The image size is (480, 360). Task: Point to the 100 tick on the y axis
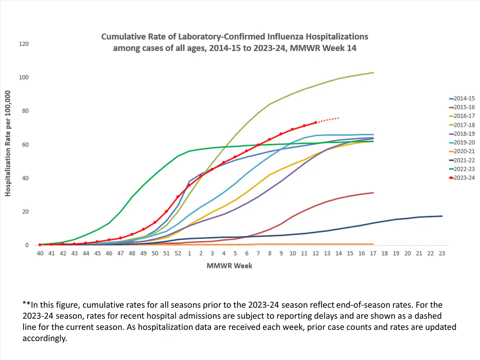coord(24,77)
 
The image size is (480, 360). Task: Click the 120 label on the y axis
coord(24,44)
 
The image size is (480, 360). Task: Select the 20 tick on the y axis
coord(25,212)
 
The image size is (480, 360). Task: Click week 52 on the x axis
coord(178,253)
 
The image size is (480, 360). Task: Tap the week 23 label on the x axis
coord(442,253)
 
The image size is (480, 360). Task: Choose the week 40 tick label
coord(40,253)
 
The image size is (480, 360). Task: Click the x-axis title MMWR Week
coord(229,266)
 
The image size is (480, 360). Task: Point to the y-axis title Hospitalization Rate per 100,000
coord(8,143)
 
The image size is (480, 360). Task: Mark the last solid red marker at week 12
coord(316,123)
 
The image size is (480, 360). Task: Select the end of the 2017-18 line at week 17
coord(373,73)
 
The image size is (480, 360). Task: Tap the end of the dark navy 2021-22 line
coord(442,216)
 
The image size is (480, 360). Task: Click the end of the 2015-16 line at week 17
coord(373,193)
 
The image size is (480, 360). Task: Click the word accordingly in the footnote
coord(44,338)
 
